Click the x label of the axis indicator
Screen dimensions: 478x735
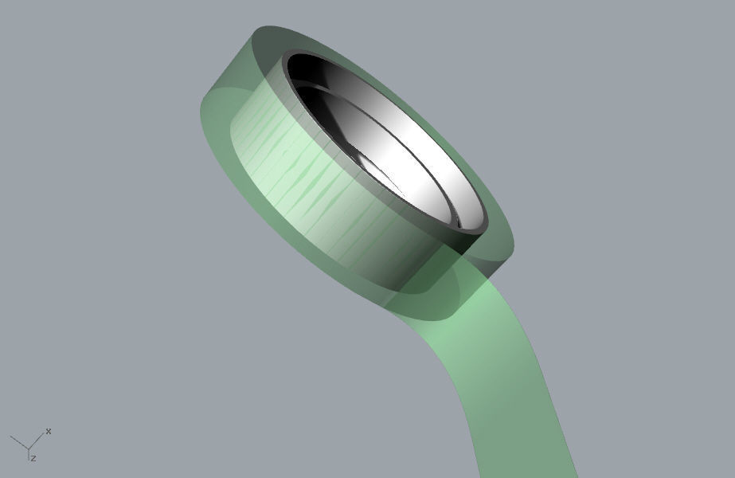49,431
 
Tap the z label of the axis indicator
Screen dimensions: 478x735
33,458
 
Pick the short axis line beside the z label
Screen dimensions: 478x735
29,454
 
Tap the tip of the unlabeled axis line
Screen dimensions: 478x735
10,436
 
